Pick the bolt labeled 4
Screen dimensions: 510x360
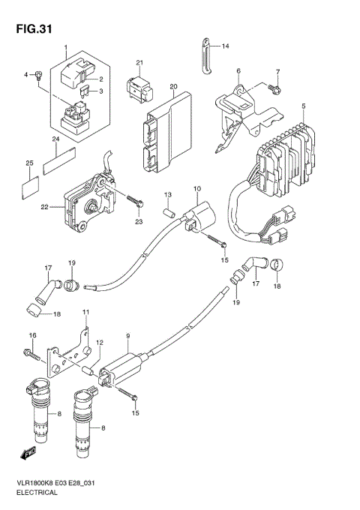[x=36, y=75]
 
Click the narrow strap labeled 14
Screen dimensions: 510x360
[x=202, y=55]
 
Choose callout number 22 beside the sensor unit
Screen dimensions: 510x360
[x=44, y=207]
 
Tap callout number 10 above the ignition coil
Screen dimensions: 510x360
[x=197, y=188]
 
